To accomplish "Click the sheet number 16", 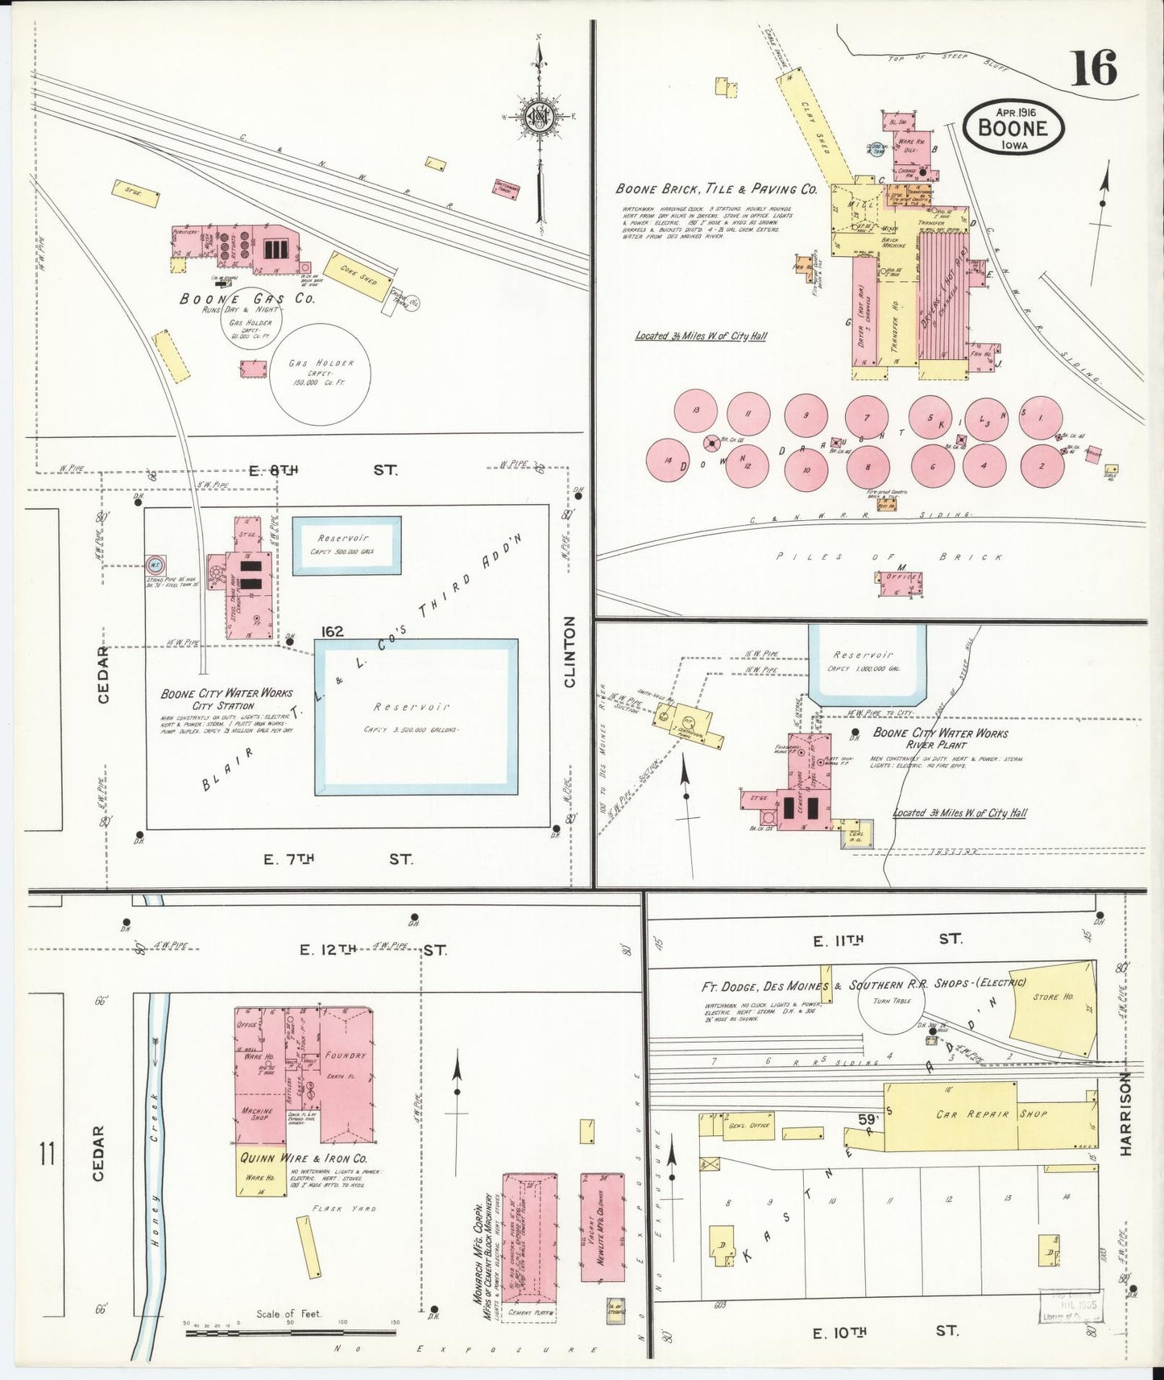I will click(1093, 68).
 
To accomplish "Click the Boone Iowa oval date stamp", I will click(1013, 127).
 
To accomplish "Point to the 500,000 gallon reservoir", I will click(346, 545).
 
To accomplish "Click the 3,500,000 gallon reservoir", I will click(416, 716).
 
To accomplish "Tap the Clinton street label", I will click(570, 651).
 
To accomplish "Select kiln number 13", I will click(695, 411).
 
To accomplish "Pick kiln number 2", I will click(1042, 465).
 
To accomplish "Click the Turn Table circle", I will click(891, 1001).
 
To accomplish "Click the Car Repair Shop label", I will click(991, 1114).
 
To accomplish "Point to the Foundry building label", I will click(346, 1055).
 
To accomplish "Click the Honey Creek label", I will click(155, 1159).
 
